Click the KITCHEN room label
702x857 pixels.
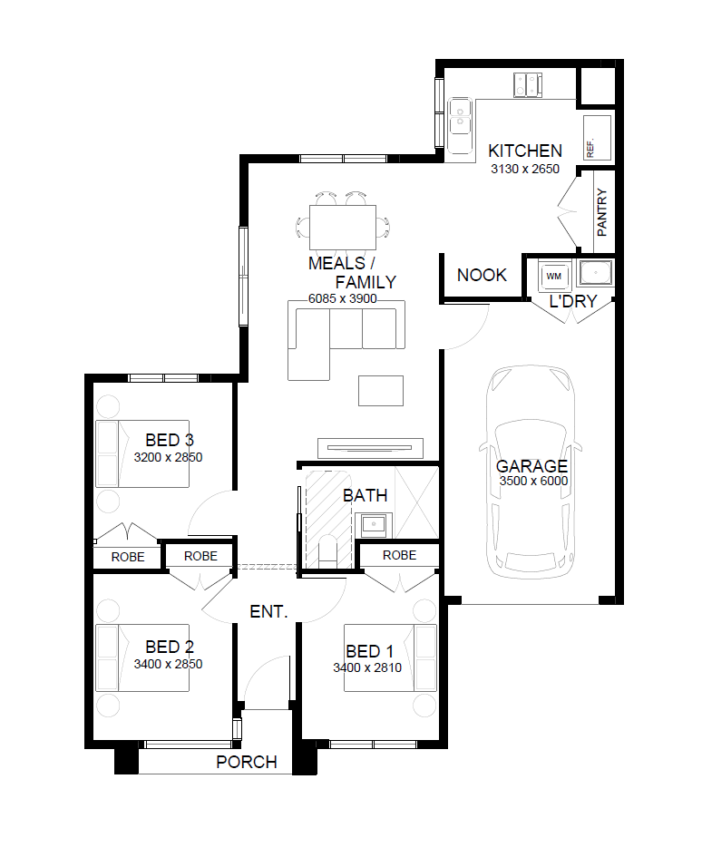(525, 151)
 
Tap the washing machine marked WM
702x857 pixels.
(554, 276)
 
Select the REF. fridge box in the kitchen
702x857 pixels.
(597, 138)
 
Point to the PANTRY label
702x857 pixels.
(602, 212)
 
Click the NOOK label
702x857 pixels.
(482, 275)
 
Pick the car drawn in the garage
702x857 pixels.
(531, 472)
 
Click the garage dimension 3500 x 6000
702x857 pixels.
(533, 481)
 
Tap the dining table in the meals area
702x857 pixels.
(343, 228)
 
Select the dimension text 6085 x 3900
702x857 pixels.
(342, 299)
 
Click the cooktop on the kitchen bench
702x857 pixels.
(528, 84)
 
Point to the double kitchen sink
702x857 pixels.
(461, 126)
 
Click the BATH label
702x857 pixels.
(365, 496)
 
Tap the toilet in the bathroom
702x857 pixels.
(328, 550)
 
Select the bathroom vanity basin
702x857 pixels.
(373, 526)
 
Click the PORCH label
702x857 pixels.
(247, 762)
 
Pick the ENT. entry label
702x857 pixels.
(268, 611)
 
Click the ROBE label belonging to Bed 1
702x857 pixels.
(399, 555)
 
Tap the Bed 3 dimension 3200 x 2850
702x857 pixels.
(168, 457)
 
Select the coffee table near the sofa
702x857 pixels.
(381, 391)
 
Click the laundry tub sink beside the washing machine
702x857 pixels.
(595, 273)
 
